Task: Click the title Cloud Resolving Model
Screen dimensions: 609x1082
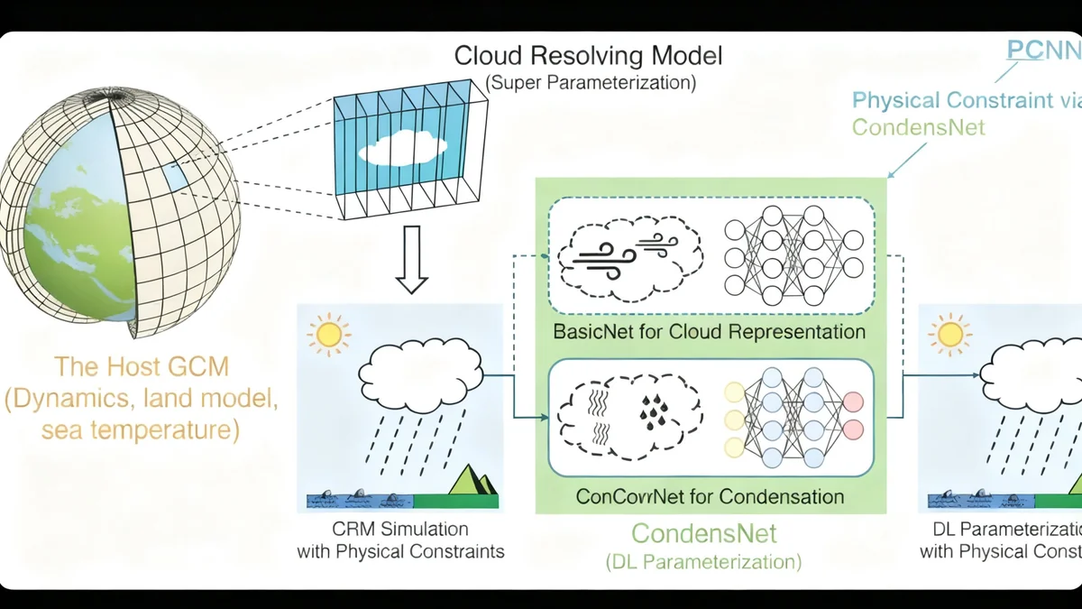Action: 588,56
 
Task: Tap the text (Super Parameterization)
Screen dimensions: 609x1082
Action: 591,84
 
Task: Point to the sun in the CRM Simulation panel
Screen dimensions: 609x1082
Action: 327,335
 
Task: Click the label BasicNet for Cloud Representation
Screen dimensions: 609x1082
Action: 710,332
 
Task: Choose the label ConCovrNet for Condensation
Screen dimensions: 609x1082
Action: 710,496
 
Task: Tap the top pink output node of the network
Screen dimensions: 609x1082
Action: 852,401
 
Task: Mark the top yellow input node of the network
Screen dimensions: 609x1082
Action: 735,391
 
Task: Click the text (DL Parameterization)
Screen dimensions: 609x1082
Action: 703,561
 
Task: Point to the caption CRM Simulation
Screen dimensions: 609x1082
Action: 400,529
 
